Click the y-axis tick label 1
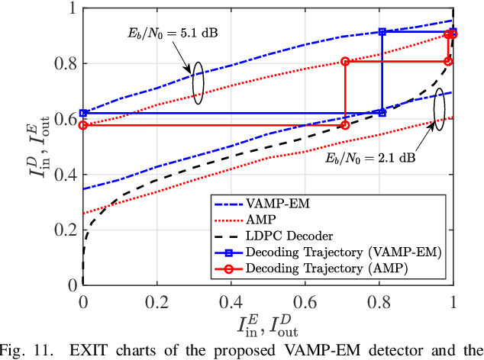click(71, 8)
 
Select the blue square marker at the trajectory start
click(83, 113)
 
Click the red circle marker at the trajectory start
click(83, 124)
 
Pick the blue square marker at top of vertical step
click(382, 32)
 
